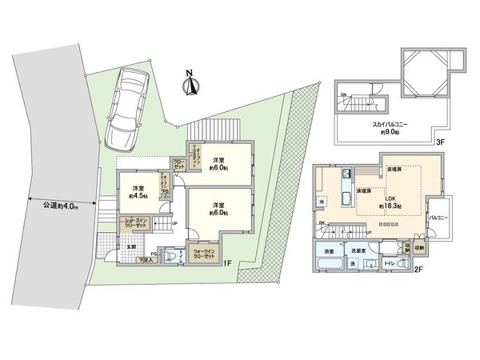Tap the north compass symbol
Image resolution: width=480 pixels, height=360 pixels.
[190, 84]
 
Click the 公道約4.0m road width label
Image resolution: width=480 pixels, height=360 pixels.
[62, 206]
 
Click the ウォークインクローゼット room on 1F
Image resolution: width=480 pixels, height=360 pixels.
[203, 255]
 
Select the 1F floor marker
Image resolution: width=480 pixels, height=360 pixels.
[228, 263]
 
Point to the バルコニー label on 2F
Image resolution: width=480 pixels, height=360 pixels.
[437, 218]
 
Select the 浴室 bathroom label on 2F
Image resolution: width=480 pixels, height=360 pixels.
[329, 251]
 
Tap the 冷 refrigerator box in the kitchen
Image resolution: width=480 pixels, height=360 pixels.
[320, 201]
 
